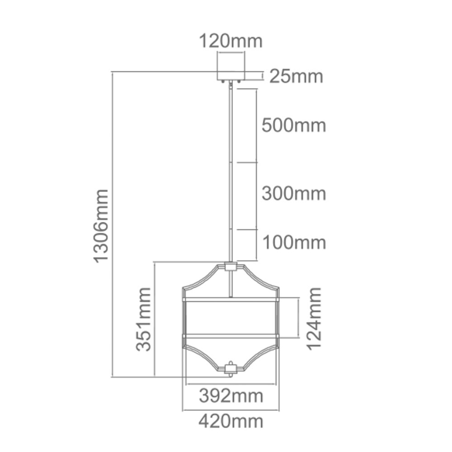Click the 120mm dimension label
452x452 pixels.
click(x=231, y=41)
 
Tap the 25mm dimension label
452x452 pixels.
click(x=296, y=77)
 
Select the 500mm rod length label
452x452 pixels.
click(x=293, y=125)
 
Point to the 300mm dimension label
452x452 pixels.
click(x=293, y=194)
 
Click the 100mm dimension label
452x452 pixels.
click(x=293, y=243)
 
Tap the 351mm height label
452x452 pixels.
click(x=144, y=319)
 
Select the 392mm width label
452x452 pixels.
click(x=231, y=396)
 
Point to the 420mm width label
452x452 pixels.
click(x=231, y=421)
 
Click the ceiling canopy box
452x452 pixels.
click(x=231, y=71)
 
